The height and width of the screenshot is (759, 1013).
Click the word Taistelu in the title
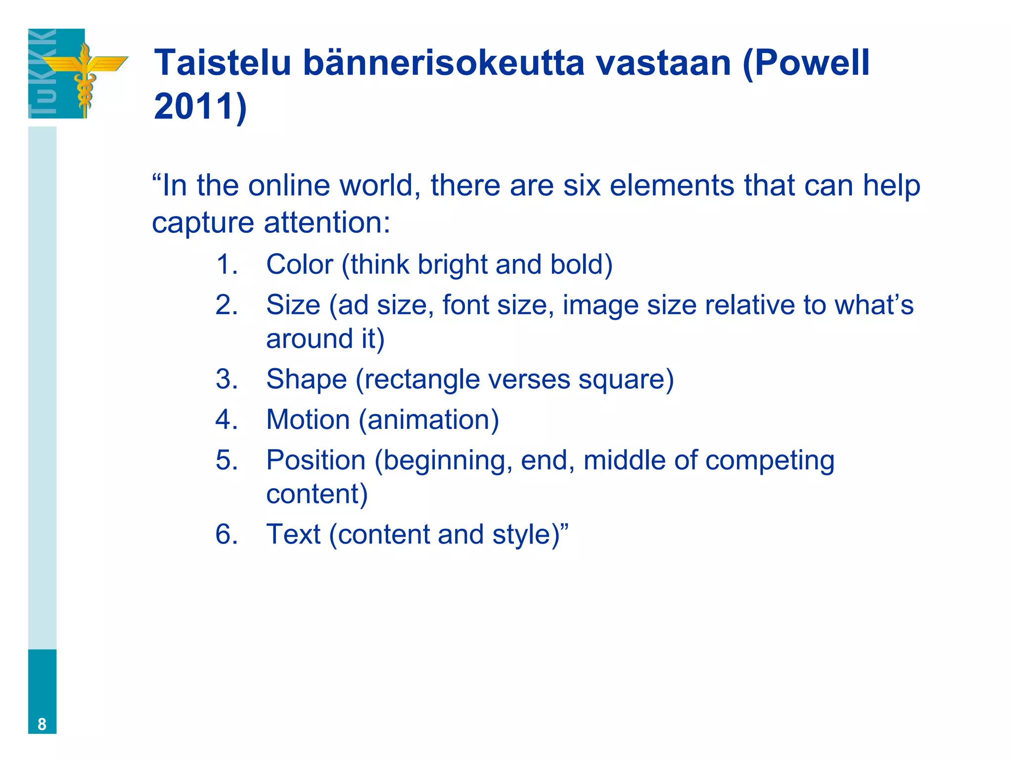[223, 63]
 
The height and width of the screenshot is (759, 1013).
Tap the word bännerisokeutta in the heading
[443, 63]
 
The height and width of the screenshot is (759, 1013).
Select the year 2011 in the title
[193, 106]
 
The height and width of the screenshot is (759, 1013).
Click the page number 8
[42, 724]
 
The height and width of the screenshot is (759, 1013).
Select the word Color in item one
[299, 264]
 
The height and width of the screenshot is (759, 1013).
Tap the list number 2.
[226, 305]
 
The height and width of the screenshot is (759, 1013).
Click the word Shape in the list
[306, 379]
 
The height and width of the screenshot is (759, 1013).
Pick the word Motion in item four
[308, 420]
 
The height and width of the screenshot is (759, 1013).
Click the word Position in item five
[316, 461]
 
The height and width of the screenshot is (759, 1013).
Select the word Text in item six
[293, 535]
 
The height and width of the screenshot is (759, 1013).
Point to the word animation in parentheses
[428, 420]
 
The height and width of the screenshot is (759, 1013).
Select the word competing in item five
[770, 461]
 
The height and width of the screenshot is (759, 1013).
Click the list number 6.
[226, 535]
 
